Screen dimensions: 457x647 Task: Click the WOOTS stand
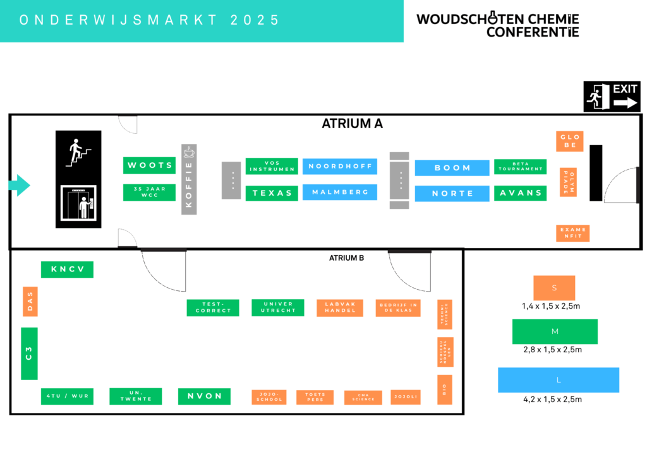149,165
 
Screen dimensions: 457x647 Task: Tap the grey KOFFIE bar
189,179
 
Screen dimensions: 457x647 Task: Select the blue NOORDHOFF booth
340,167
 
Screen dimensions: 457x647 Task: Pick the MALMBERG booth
340,192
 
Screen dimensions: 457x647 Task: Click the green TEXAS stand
272,193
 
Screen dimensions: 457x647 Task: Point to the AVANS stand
520,193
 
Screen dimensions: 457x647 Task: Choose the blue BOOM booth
452,168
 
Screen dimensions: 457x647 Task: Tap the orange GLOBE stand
570,141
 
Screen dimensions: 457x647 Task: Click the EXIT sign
612,97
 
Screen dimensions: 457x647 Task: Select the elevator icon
78,203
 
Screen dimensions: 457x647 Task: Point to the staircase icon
78,152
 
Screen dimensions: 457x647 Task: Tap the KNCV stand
67,270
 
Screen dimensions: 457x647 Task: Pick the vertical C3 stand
29,353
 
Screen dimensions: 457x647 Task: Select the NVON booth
204,396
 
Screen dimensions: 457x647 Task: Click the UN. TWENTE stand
135,396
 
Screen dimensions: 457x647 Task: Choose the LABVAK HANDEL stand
340,307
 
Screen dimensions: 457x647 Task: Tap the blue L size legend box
558,380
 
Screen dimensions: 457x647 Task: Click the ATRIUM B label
346,258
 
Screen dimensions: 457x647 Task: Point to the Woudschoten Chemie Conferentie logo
497,25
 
